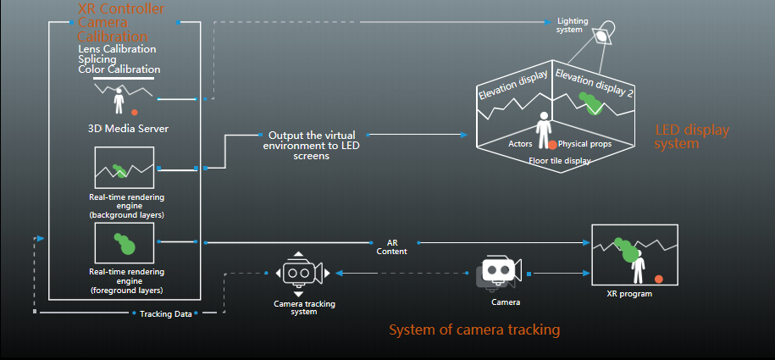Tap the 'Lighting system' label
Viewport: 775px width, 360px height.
pos(572,25)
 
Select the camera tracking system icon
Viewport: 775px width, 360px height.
pos(298,273)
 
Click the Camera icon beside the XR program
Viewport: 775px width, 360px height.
pos(496,272)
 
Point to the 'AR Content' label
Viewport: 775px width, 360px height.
pos(391,246)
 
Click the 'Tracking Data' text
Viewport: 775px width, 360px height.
pos(165,313)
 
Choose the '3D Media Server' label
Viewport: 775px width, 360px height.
pos(129,130)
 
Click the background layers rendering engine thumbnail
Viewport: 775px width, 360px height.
pos(125,168)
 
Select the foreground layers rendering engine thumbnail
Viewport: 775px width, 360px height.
pos(125,243)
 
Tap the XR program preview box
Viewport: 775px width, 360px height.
pos(634,255)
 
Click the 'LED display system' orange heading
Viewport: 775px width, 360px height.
pos(690,136)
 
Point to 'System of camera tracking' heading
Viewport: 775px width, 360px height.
pos(474,330)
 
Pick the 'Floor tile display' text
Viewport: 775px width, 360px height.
pos(559,160)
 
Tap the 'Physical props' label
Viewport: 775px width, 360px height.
pos(584,144)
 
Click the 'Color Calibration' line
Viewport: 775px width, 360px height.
pos(119,69)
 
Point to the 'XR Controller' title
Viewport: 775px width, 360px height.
pos(120,9)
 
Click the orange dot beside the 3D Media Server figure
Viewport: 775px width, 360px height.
pos(134,112)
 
